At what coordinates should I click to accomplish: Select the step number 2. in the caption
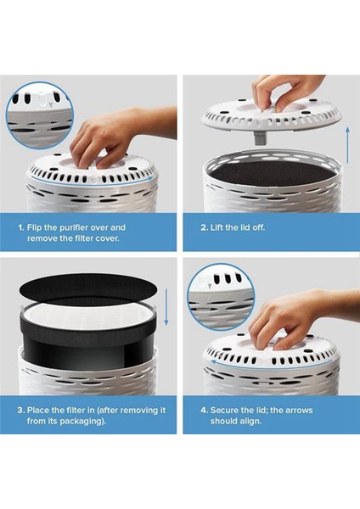205,227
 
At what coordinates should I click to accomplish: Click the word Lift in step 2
224,227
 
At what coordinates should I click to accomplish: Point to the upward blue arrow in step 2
346,144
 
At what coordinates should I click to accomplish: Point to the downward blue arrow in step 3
166,310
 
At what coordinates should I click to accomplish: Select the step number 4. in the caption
205,409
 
